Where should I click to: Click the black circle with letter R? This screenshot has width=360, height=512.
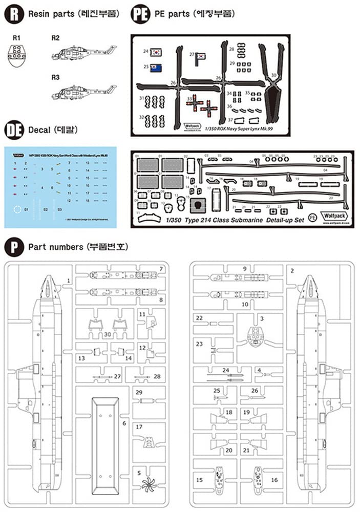pyautogui.click(x=14, y=14)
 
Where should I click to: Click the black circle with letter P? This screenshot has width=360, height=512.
pyautogui.click(x=14, y=247)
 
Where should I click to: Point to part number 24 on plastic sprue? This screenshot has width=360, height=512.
pyautogui.click(x=226, y=369)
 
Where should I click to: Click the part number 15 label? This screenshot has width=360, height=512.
pyautogui.click(x=200, y=479)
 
